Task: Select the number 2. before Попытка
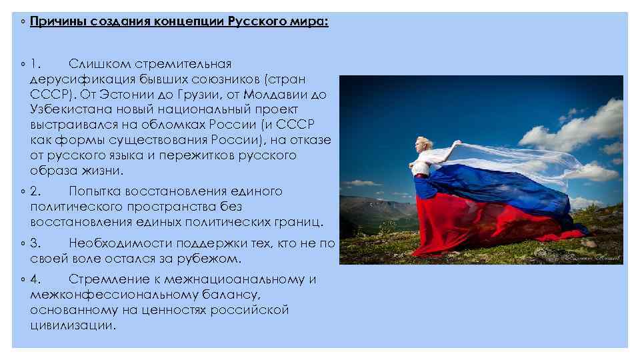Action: click(x=36, y=191)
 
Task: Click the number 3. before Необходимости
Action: click(x=36, y=243)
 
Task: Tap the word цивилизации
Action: click(x=72, y=326)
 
